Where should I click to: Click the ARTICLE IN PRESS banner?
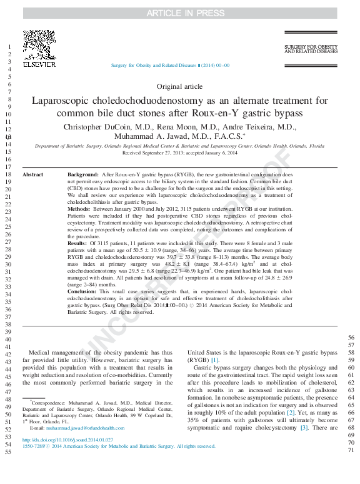pos(180,13)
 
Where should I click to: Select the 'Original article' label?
pos(179,86)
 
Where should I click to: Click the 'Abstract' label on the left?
pos(33,174)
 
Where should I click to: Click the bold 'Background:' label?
pos(82,174)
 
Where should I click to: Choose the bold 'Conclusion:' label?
pos(84,292)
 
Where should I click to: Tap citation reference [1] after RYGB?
pos(214,360)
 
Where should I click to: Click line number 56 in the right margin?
pos(351,338)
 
